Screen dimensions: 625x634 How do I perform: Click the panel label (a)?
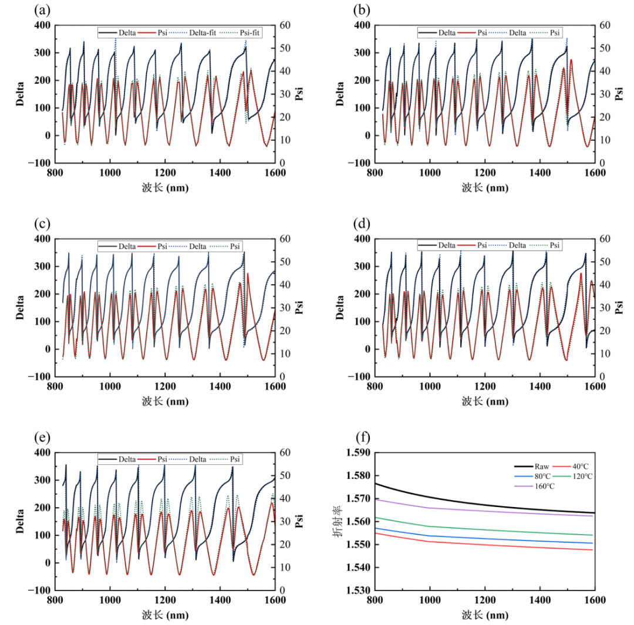[x=42, y=10]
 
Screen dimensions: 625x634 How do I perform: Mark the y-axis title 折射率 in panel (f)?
[x=336, y=526]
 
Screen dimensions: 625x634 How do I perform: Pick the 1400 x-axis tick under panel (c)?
[x=220, y=386]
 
